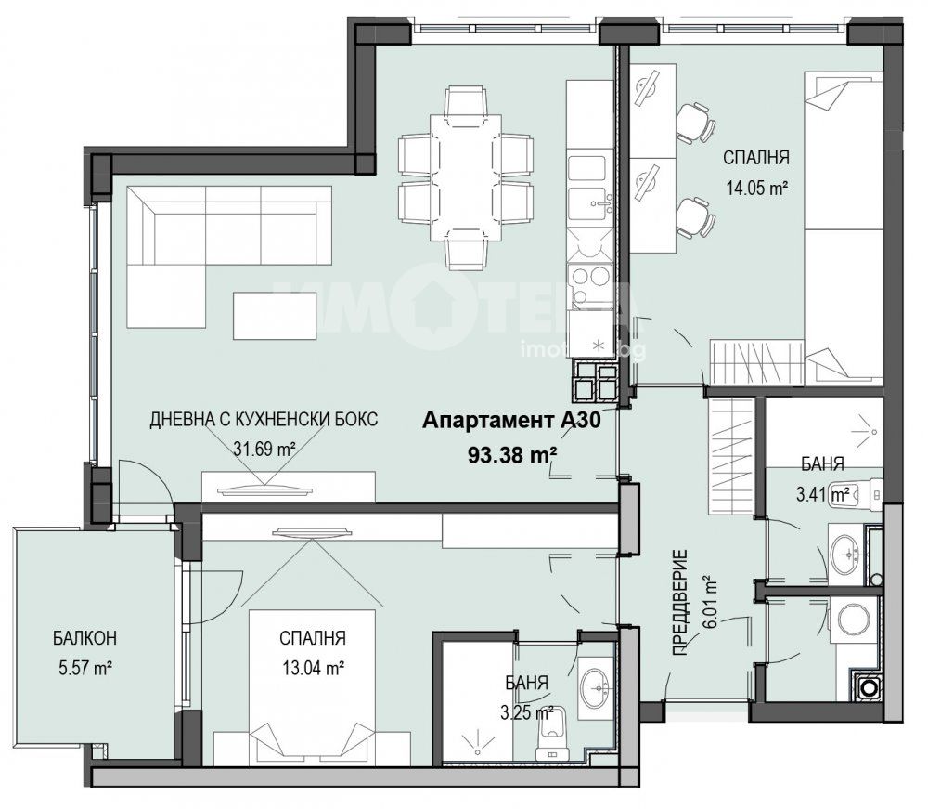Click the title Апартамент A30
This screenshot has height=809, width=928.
coord(511,421)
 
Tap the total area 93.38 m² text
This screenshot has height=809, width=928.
coord(512,455)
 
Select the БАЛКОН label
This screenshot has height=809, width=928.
coord(84,638)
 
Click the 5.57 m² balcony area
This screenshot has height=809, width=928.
coord(85,668)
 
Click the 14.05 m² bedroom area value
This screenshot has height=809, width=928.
coord(756,189)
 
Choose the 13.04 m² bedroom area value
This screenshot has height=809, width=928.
coord(314,668)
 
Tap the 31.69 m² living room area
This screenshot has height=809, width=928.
coord(264,449)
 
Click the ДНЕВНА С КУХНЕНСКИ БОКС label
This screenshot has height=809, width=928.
coord(264,419)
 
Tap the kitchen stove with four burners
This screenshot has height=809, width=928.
coord(589,285)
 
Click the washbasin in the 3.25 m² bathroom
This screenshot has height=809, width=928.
coord(596,688)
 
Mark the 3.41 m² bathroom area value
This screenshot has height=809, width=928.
coord(823,493)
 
